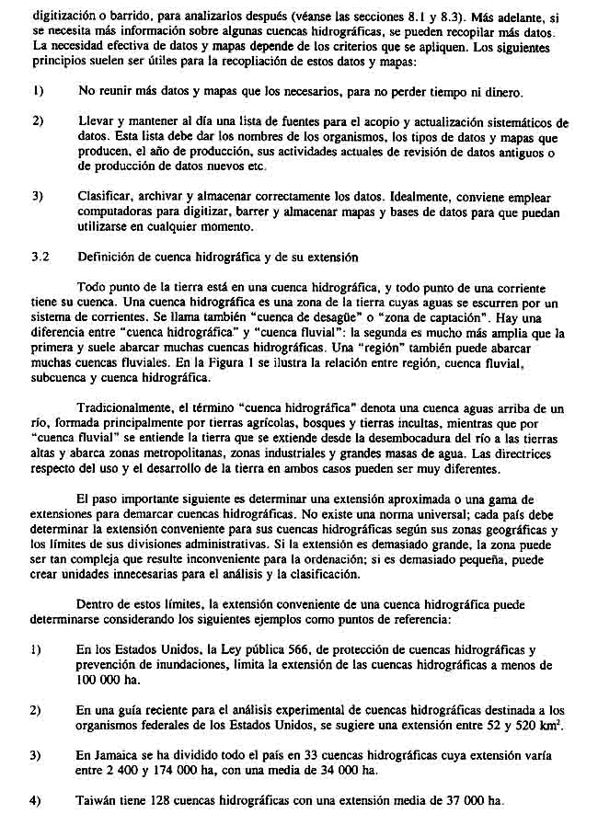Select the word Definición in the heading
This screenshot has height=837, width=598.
[x=109, y=257]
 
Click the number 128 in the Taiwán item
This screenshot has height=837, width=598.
[x=163, y=800]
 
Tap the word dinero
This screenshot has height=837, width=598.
[x=502, y=92]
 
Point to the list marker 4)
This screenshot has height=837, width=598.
[x=37, y=800]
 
